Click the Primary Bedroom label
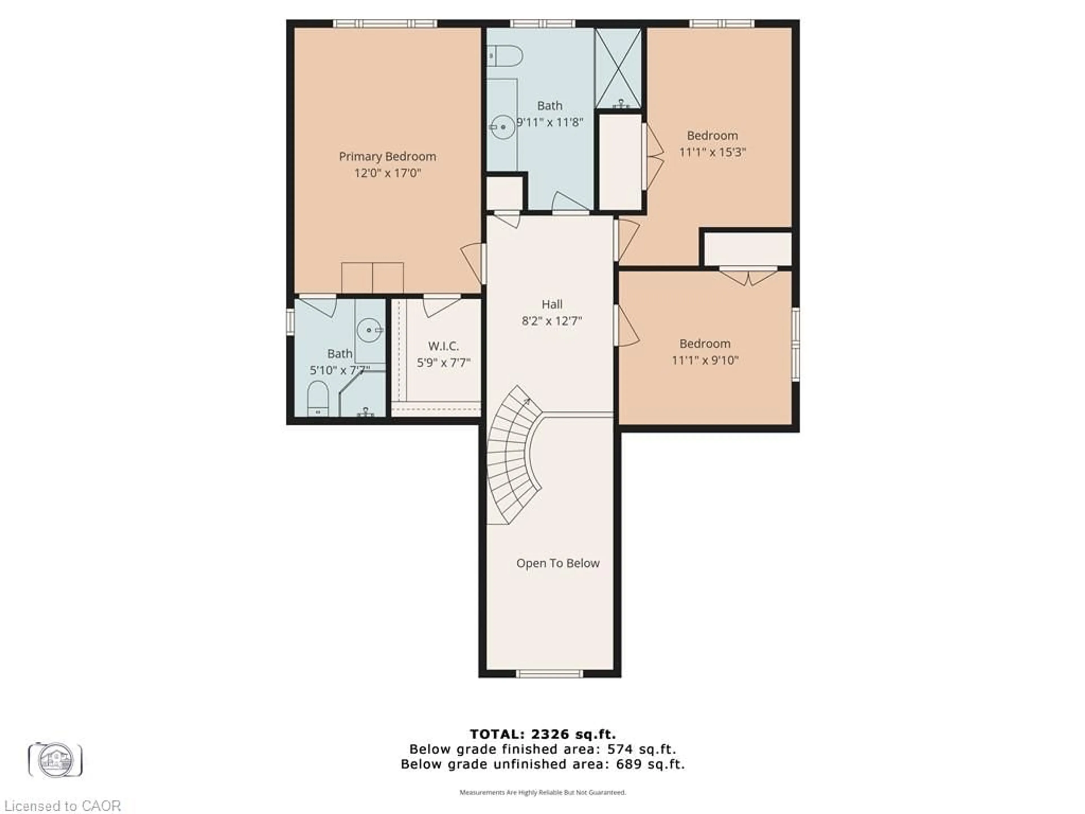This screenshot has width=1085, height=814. tap(387, 157)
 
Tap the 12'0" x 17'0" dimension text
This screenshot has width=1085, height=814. tap(387, 173)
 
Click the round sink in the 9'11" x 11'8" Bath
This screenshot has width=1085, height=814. tap(503, 127)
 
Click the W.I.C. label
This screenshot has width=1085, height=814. tap(443, 346)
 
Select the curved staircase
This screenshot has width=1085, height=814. tap(513, 454)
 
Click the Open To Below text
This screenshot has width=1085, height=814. tap(558, 563)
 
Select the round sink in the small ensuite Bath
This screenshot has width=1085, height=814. tap(368, 330)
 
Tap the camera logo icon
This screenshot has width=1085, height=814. tap(55, 759)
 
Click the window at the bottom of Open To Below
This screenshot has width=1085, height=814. tap(550, 674)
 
